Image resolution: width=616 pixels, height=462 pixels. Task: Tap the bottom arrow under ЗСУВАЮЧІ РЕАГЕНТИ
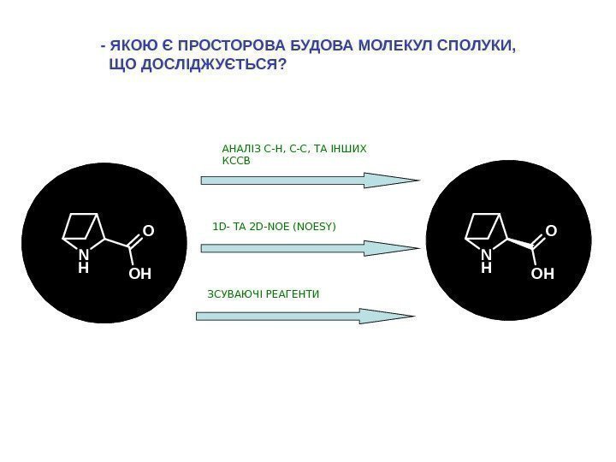tap(306, 316)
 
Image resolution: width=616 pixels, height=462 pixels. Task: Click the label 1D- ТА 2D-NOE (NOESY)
tap(274, 227)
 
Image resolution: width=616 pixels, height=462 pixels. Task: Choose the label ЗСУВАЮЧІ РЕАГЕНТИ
tap(264, 294)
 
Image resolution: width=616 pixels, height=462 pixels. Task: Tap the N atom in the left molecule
tap(83, 255)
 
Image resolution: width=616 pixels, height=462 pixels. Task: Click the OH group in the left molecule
tap(139, 275)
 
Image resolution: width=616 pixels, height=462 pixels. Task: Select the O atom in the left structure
tap(147, 231)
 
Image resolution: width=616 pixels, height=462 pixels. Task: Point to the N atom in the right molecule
tap(486, 255)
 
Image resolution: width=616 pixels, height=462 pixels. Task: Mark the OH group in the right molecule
tap(542, 275)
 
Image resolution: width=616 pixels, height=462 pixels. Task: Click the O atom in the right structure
tap(551, 231)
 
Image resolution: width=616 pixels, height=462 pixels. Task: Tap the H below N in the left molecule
tap(83, 268)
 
